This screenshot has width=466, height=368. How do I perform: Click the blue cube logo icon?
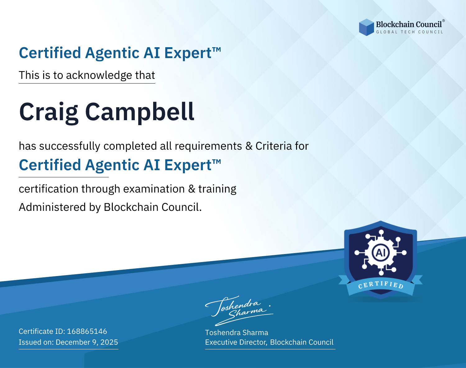point(366,27)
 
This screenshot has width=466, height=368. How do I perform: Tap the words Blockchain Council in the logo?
point(409,24)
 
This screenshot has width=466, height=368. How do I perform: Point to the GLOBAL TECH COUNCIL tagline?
point(409,32)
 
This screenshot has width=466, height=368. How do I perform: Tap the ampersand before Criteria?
point(249,146)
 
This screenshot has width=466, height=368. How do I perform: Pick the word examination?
point(154,189)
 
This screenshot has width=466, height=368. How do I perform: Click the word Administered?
point(53,207)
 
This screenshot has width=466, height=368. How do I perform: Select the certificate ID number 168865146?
point(87,331)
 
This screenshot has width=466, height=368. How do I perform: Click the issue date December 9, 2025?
point(87,342)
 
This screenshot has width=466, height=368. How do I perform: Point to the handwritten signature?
point(239,311)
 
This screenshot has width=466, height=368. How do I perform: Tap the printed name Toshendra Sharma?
point(236,333)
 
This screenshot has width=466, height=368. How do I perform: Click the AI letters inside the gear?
point(381,253)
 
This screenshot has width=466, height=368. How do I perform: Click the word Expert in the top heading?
point(188,53)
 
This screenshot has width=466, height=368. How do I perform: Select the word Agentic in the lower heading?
point(112,166)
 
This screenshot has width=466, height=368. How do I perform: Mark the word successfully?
point(70,146)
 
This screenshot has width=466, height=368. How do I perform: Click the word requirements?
point(208,146)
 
